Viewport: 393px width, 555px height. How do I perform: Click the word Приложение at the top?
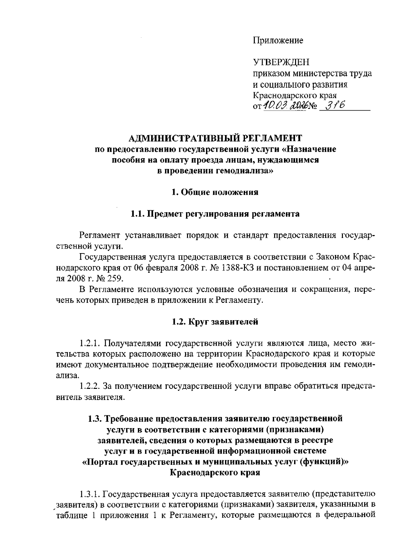click(278, 41)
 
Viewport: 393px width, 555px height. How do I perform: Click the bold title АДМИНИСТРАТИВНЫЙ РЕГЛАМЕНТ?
click(215, 138)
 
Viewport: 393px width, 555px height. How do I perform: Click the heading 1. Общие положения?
click(215, 192)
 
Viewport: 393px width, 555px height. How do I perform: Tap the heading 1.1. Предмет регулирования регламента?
click(215, 214)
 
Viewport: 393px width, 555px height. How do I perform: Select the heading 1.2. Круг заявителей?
click(215, 321)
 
